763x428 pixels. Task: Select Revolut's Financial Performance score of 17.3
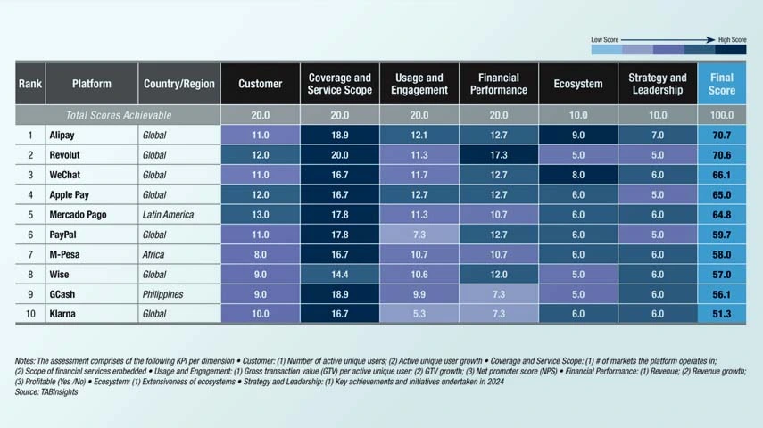click(499, 154)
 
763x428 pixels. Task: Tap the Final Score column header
click(722, 84)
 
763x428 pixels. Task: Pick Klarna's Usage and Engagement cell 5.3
click(419, 314)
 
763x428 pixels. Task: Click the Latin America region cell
click(169, 215)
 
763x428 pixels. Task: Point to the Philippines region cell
click(162, 294)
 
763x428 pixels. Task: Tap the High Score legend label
click(732, 40)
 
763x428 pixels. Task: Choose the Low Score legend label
click(604, 40)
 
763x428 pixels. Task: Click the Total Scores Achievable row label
click(119, 115)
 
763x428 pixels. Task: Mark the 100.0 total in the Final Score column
click(722, 115)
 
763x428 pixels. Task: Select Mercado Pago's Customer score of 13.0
click(260, 215)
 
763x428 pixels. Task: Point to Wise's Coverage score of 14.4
click(339, 275)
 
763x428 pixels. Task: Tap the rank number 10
click(30, 314)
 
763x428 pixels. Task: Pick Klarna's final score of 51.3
click(722, 314)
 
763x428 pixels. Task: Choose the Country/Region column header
click(179, 84)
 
